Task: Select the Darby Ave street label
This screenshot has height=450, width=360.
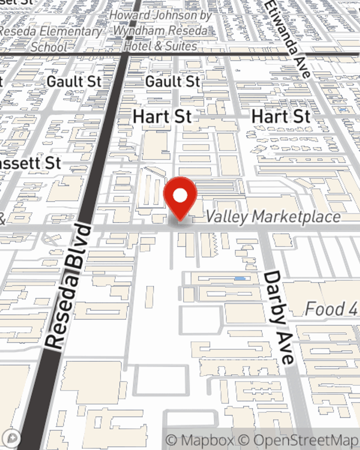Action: (279, 317)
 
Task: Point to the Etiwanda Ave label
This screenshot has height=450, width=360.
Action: (288, 38)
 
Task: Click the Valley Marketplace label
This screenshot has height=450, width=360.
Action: (273, 217)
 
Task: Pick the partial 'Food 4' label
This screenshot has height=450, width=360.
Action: (331, 309)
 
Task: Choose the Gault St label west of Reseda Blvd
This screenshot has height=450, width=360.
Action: (74, 82)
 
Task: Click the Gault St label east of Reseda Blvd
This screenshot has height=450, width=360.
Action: (172, 82)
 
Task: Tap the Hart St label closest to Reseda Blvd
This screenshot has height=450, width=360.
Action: (162, 117)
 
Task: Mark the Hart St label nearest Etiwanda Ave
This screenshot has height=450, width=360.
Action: (281, 117)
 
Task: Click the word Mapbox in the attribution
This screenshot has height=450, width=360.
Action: (207, 440)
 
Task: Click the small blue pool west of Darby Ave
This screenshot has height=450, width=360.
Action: (240, 279)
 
